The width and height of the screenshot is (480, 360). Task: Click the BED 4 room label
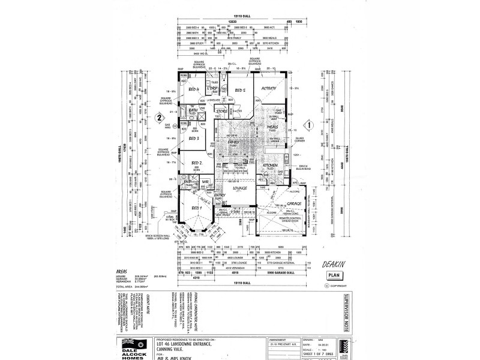click(x=194, y=89)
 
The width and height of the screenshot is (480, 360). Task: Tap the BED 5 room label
click(x=241, y=91)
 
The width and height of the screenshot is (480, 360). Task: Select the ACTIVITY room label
click(x=269, y=88)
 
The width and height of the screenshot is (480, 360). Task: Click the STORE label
click(x=221, y=111)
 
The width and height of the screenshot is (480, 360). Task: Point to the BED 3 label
click(x=194, y=138)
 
